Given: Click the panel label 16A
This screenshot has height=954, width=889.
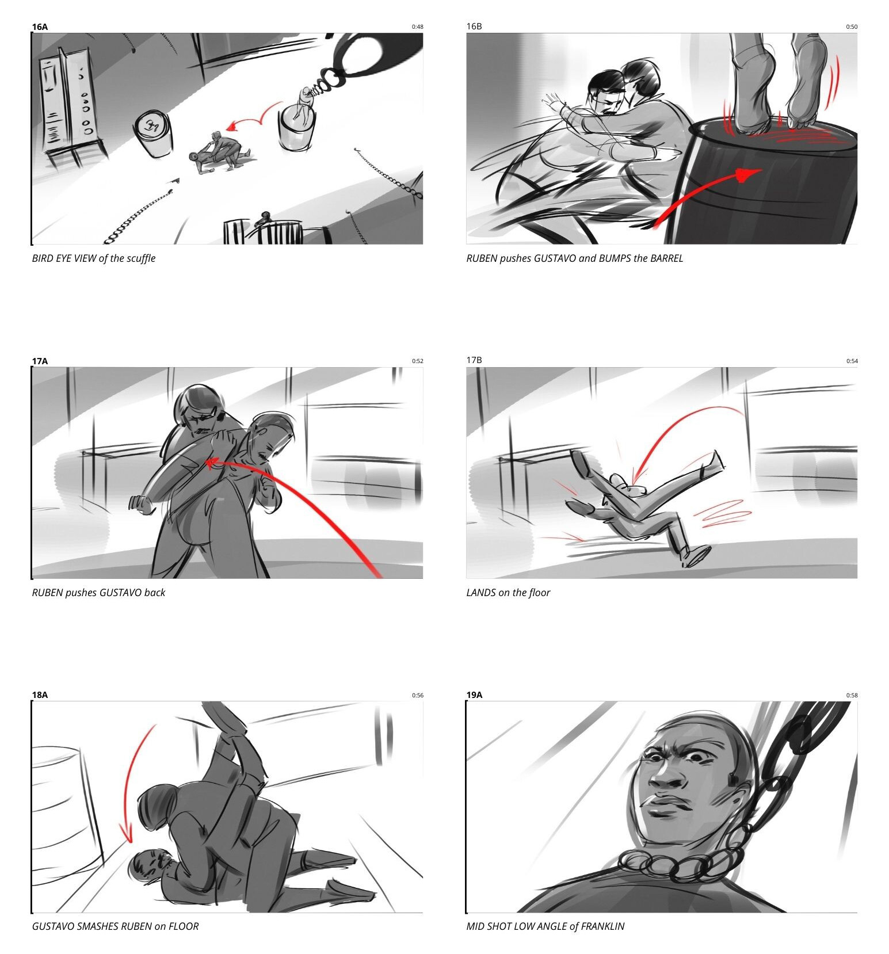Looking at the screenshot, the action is pyautogui.click(x=40, y=27).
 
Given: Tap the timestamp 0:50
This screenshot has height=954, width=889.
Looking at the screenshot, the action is pyautogui.click(x=852, y=27).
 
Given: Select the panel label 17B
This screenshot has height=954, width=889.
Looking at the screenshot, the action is pyautogui.click(x=474, y=360).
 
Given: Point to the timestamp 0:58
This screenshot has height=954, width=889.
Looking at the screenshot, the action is pyautogui.click(x=852, y=695).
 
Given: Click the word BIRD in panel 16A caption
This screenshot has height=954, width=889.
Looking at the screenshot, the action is pyautogui.click(x=42, y=258).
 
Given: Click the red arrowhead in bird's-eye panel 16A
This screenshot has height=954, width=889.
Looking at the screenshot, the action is pyautogui.click(x=231, y=126).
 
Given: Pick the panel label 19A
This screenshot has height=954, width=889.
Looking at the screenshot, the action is pyautogui.click(x=474, y=695).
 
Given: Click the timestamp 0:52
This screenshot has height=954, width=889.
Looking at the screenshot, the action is pyautogui.click(x=417, y=361).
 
